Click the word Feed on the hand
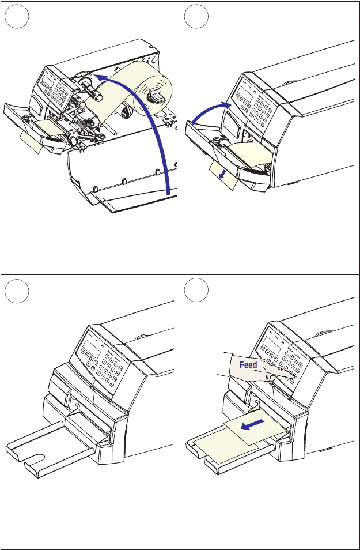[x=248, y=366]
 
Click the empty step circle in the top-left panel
[x=16, y=19]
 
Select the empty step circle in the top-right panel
[x=196, y=19]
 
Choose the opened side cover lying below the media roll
[x=121, y=179]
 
